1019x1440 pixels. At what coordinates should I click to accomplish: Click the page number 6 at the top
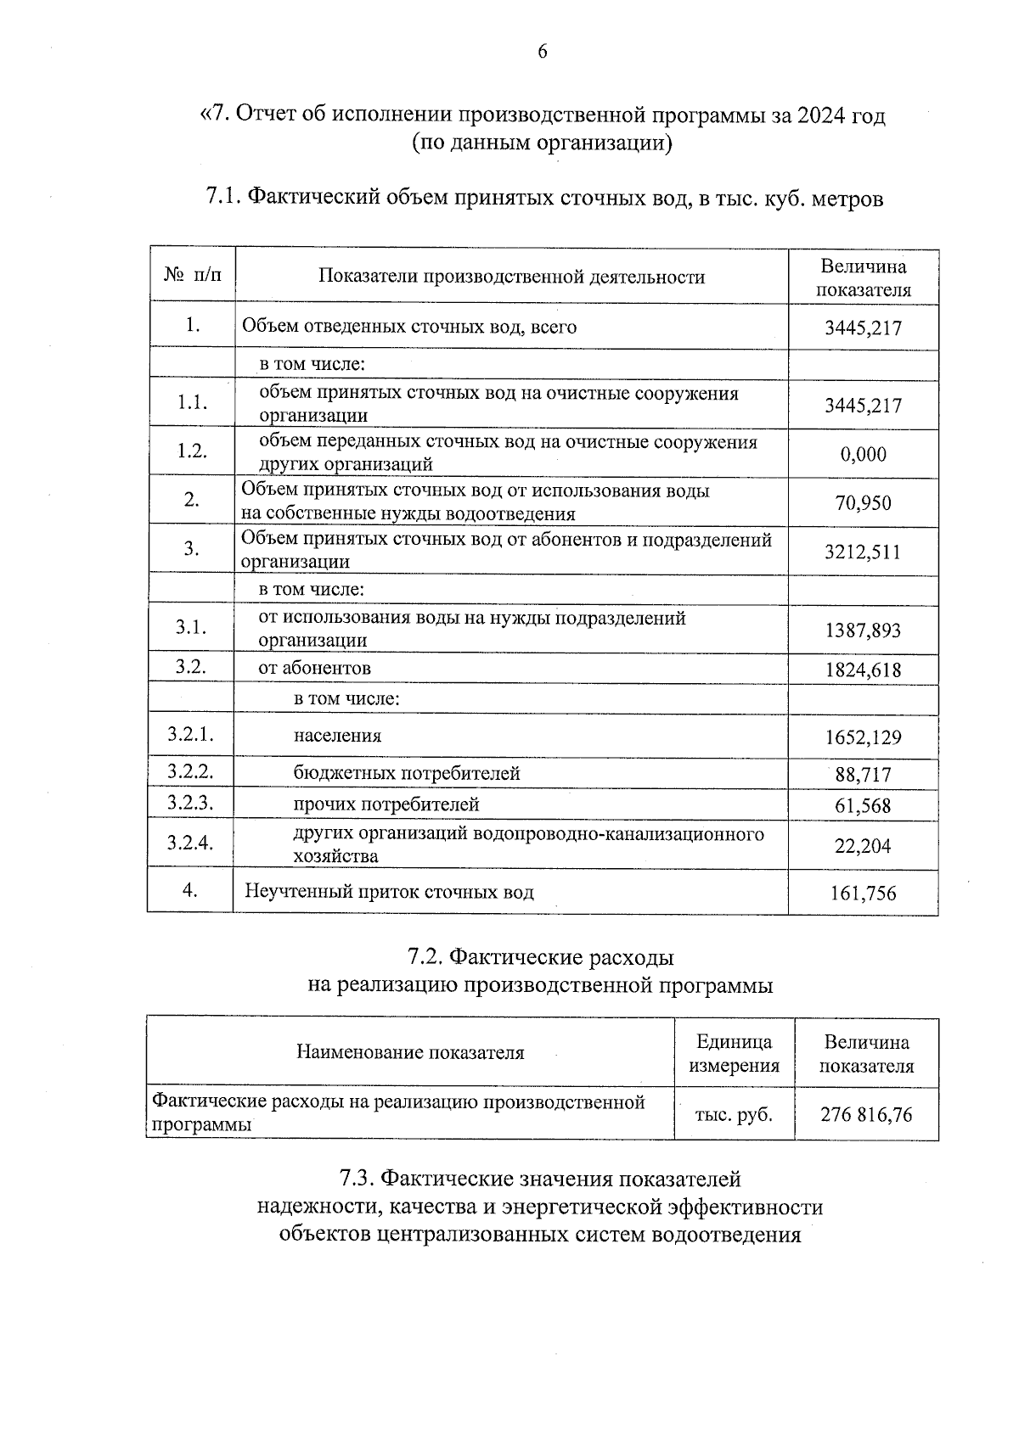pos(542,53)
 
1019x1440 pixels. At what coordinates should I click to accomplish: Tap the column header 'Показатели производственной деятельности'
pos(511,277)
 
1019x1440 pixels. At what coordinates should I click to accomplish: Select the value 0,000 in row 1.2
pos(863,454)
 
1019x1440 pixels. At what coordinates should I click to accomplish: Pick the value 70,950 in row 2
pos(863,503)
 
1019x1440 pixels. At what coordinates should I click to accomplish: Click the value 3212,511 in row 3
pos(863,552)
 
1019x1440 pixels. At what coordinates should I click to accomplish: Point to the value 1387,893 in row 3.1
pos(863,630)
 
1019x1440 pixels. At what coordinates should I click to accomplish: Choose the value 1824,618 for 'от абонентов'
pos(863,670)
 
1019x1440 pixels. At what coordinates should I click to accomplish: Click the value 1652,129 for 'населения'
pos(863,737)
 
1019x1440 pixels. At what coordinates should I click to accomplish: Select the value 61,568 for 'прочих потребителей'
pos(863,805)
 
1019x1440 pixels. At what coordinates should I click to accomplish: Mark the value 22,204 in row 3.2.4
pos(863,845)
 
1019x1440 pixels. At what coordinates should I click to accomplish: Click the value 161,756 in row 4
pos(863,893)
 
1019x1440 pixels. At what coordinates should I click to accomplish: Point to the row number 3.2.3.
pos(189,802)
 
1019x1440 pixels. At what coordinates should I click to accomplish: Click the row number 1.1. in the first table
pos(193,402)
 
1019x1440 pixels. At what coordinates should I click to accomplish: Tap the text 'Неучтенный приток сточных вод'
pos(389,892)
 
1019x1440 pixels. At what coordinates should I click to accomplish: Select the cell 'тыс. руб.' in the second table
pos(734,1114)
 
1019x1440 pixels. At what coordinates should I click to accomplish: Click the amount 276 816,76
pos(866,1114)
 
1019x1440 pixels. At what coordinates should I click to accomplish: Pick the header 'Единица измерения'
pos(734,1053)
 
